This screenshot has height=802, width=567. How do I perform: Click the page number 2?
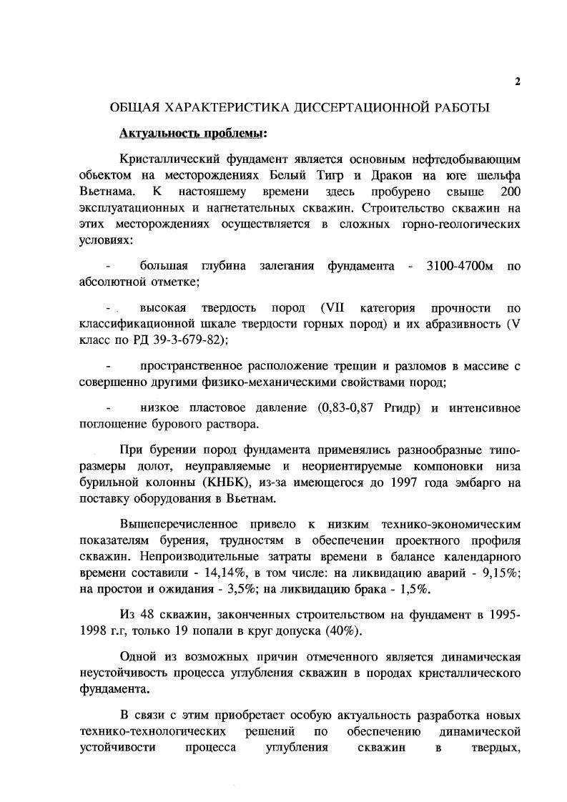(x=517, y=81)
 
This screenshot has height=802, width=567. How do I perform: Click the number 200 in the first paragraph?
(x=511, y=192)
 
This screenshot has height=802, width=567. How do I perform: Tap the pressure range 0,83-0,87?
(x=351, y=408)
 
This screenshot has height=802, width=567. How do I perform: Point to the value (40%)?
(x=344, y=631)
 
